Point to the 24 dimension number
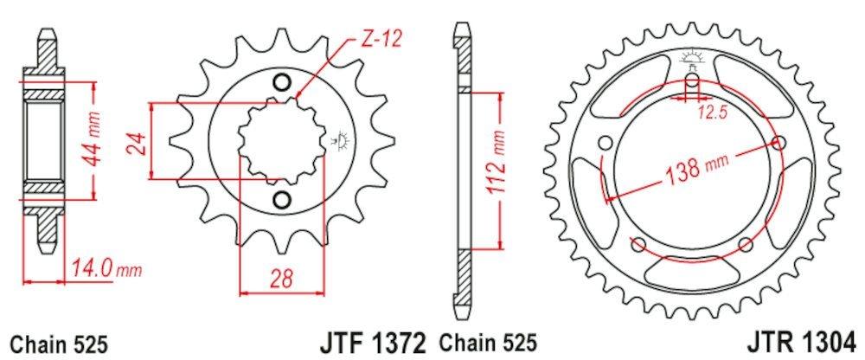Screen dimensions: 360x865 (134, 141)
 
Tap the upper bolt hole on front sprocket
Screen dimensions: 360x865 (281, 84)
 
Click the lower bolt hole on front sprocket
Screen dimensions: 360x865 (281, 201)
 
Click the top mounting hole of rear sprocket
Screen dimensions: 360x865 (693, 83)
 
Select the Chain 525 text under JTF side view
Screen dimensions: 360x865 (58, 342)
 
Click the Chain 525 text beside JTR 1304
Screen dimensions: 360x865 (491, 342)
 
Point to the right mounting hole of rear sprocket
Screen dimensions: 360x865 (783, 143)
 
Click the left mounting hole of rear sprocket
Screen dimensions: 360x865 (604, 143)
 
